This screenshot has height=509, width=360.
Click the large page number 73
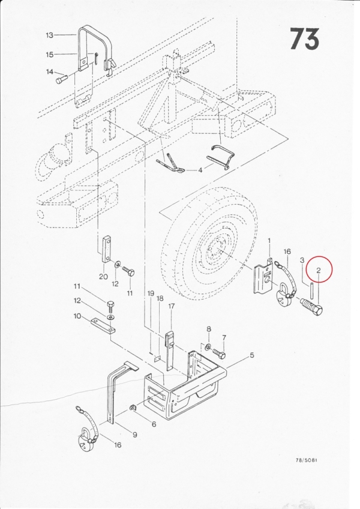pos(304,39)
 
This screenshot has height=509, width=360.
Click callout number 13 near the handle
pos(49,35)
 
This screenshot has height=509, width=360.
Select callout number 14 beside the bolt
pos(50,72)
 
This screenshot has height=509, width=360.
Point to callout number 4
pos(200,170)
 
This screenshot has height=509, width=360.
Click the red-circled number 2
pos(319,270)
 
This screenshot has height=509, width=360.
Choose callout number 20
pos(103,277)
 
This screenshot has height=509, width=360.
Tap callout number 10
pos(77,316)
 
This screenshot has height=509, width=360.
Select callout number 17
pos(172,306)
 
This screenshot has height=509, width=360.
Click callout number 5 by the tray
pos(252,355)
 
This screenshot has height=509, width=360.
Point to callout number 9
pos(135,435)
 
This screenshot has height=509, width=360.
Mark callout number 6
pos(154,424)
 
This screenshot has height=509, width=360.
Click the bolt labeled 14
pos(61,79)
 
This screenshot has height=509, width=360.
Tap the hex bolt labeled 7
pos(219,353)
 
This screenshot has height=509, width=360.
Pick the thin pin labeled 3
pos(311,289)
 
